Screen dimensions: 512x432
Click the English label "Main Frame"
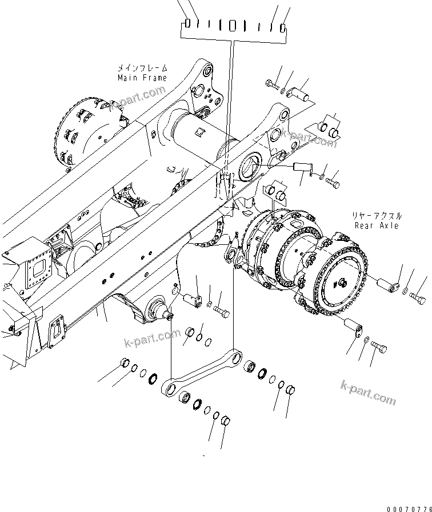(x=142, y=78)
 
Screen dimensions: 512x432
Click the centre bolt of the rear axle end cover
(x=341, y=281)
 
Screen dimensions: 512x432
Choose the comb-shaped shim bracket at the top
(x=234, y=27)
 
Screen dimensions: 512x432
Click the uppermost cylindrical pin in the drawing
(x=302, y=93)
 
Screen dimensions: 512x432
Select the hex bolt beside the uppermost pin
(x=273, y=85)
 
